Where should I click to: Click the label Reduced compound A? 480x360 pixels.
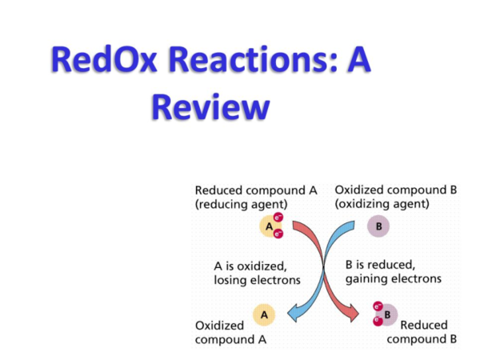[x=256, y=190]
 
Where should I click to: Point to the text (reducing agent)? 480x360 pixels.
[x=241, y=205]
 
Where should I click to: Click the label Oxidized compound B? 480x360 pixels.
[x=396, y=190]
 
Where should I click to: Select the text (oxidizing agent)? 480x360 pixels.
[x=382, y=205]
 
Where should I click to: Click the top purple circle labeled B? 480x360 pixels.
[x=378, y=227]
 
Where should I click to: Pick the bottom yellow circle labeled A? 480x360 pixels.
[x=262, y=315]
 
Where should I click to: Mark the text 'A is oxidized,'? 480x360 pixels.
[x=250, y=265]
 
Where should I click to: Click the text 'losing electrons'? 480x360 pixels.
[x=257, y=280]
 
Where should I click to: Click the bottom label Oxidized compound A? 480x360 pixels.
[x=230, y=332]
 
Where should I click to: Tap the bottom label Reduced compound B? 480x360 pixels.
[x=422, y=332]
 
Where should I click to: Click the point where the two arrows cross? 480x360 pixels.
[x=324, y=269]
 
